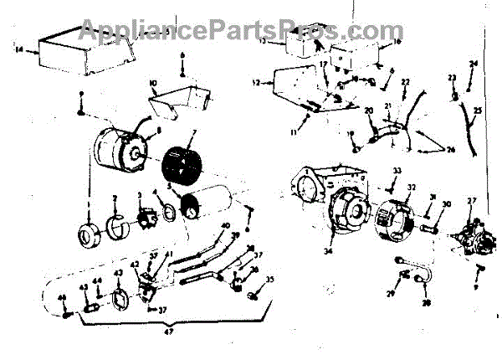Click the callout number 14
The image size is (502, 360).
click(19, 49)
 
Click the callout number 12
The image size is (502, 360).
click(256, 83)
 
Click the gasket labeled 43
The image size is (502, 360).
click(120, 297)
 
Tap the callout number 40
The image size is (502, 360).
click(225, 226)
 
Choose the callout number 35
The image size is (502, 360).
click(269, 280)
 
